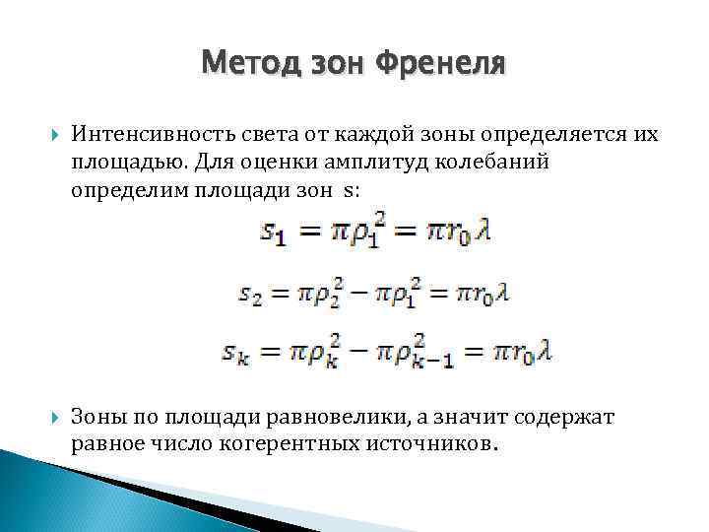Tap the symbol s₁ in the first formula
tap(274, 233)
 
